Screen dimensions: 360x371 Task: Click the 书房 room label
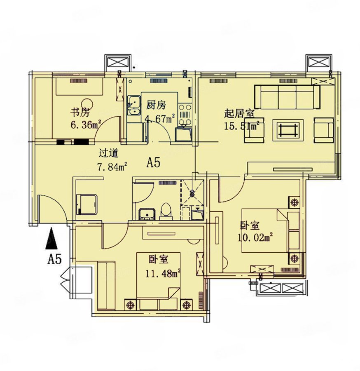[80, 112]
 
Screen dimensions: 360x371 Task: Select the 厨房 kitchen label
[156, 105]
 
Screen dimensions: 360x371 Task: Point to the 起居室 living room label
[239, 114]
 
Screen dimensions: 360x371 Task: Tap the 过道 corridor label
[108, 153]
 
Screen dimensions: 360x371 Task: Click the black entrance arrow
[51, 238]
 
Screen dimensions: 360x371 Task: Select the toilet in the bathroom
[165, 211]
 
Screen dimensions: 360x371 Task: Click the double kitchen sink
[134, 105]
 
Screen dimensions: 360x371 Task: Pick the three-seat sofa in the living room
[287, 97]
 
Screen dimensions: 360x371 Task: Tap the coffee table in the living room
[288, 130]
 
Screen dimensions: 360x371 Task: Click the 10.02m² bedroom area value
[255, 237]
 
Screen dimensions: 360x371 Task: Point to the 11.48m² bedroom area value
[163, 274]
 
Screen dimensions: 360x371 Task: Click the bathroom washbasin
[147, 214]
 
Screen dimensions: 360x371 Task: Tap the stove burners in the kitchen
[185, 115]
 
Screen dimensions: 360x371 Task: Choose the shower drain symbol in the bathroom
[192, 194]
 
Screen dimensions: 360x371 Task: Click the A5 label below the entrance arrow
[54, 259]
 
